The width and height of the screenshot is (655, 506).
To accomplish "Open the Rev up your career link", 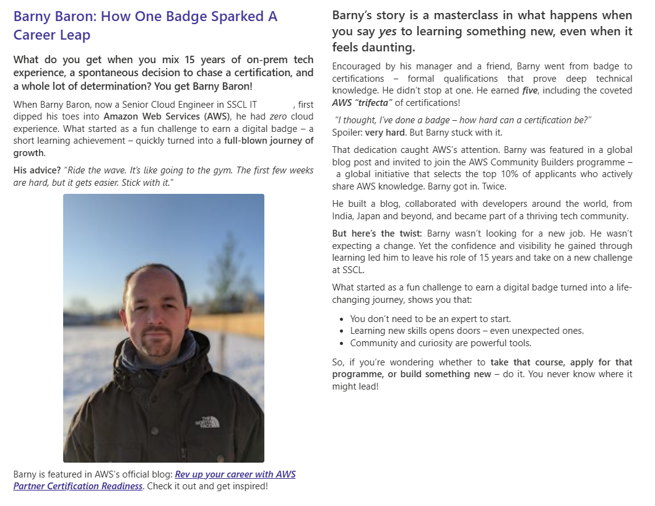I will pyautogui.click(x=235, y=474).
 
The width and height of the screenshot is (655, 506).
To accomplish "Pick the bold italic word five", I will pyautogui.click(x=530, y=90).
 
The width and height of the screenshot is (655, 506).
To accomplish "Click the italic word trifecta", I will pyautogui.click(x=373, y=103).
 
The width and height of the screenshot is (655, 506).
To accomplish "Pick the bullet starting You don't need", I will pyautogui.click(x=430, y=319).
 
